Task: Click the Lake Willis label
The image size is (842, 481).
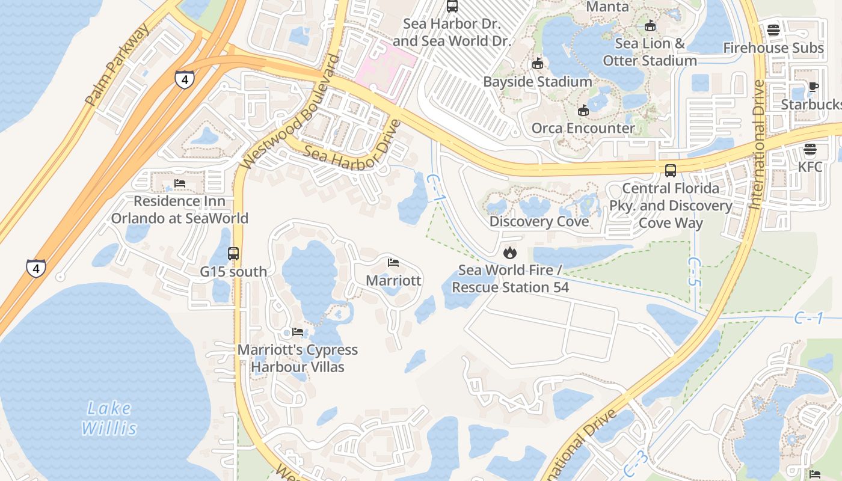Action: coord(109,418)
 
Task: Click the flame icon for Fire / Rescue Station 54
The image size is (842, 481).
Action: coord(510,253)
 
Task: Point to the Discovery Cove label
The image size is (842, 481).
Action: coord(539,221)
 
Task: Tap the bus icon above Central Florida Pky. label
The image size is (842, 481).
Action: coord(671,171)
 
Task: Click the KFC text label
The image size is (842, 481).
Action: coord(810,167)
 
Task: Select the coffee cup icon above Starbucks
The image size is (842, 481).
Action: coord(813,87)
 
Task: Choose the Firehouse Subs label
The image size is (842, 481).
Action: coord(773,47)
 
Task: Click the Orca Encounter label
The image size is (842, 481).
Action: coord(583,128)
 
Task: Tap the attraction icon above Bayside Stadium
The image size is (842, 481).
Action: coord(537,64)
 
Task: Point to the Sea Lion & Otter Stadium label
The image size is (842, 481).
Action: coord(650,52)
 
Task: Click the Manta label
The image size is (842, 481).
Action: coord(607,7)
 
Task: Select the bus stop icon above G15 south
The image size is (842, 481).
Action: coord(233,254)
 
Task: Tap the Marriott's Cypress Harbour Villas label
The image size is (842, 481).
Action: coord(298,358)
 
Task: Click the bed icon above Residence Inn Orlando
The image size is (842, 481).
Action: coord(179,183)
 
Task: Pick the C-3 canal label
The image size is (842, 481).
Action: coord(636,463)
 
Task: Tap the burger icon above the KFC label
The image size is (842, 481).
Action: coord(810,149)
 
